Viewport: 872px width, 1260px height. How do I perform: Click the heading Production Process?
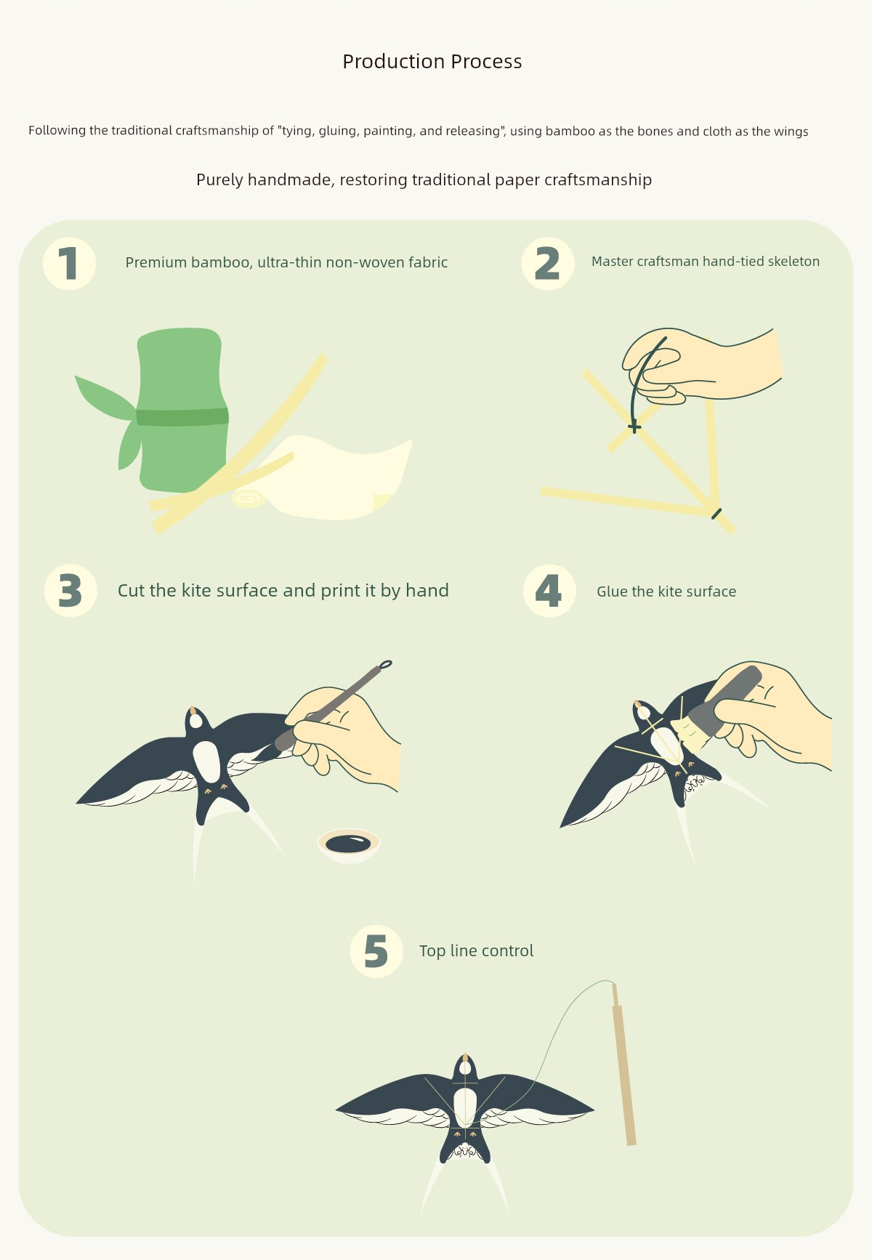432,62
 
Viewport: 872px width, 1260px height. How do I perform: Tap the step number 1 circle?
69,263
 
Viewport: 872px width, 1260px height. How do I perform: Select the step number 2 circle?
548,263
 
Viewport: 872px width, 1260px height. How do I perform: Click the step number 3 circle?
70,591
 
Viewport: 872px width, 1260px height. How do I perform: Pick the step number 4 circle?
549,591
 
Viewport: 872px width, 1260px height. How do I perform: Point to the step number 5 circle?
376,951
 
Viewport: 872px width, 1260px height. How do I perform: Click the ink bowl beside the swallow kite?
349,845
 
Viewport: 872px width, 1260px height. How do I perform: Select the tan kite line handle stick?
623,1065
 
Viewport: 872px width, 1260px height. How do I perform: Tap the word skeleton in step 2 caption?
791,262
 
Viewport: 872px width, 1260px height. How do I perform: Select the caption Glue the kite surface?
666,591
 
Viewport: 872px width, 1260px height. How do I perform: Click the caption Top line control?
476,951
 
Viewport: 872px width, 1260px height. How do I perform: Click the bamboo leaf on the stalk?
105,397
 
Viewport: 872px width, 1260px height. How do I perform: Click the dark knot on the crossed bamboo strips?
634,427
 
